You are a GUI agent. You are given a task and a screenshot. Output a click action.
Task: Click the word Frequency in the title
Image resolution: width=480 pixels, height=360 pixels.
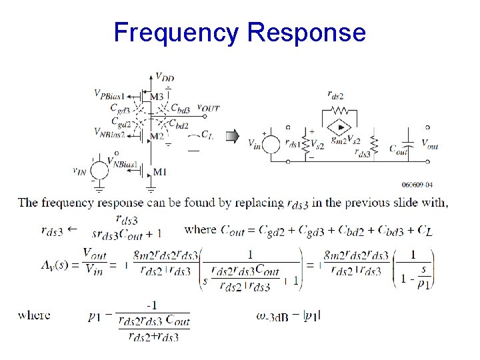tap(175, 32)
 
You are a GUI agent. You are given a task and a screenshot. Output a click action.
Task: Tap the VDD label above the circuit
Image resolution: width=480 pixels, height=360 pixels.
tap(165, 77)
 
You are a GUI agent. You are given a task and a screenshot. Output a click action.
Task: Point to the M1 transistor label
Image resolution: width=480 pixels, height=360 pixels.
tap(160, 172)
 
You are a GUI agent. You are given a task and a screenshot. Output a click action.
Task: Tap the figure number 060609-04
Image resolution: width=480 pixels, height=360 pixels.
tap(417, 185)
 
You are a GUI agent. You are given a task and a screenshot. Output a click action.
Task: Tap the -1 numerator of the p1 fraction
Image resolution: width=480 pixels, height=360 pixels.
tap(153, 304)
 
